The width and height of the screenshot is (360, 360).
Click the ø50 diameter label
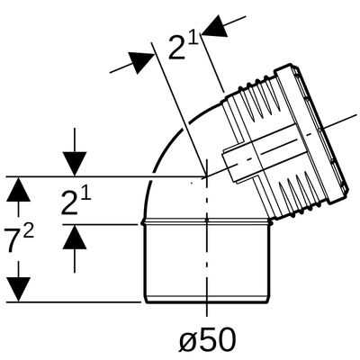click(207, 340)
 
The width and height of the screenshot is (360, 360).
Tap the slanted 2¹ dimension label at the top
click(184, 47)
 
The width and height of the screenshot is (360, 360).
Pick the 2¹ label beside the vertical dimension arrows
click(76, 202)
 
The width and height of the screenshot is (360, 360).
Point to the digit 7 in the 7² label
click(13, 241)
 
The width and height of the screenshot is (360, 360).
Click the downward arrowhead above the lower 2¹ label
click(75, 164)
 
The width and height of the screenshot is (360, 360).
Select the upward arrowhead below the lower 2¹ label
click(75, 237)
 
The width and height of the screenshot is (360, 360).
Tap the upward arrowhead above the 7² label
click(19, 189)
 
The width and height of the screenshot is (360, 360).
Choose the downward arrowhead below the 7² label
click(19, 290)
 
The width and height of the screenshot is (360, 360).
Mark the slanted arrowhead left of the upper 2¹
click(141, 61)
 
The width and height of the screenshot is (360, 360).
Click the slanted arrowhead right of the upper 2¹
click(215, 26)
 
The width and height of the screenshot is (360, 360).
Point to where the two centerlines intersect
click(206, 176)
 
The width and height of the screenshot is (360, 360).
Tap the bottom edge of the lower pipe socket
click(207, 301)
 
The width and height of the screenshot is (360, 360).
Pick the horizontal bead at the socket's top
click(206, 222)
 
